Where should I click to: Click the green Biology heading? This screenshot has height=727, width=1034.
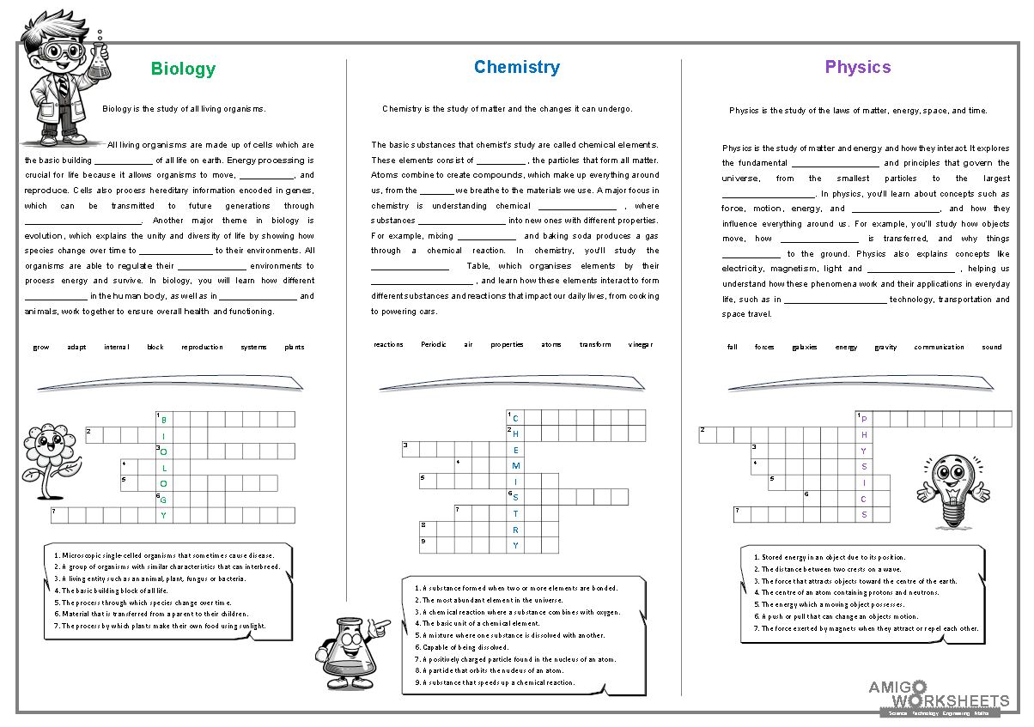183,70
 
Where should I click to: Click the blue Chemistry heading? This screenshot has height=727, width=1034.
516,68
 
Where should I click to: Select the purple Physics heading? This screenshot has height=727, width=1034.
857,68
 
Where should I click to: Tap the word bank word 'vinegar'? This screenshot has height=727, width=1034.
640,345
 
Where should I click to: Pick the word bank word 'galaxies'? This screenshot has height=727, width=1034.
805,348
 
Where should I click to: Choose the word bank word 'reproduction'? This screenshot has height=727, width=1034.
202,348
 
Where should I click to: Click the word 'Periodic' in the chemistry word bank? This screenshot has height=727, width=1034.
434,345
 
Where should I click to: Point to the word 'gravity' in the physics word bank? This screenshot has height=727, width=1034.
885,348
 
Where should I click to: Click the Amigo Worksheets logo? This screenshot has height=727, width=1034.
938,696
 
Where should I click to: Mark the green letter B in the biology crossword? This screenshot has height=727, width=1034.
164,420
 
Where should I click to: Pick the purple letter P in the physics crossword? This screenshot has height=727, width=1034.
865,420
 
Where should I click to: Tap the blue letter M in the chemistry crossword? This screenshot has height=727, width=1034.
516,466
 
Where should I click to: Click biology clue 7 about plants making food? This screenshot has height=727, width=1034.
160,627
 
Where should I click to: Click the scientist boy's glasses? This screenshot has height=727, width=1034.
62,51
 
